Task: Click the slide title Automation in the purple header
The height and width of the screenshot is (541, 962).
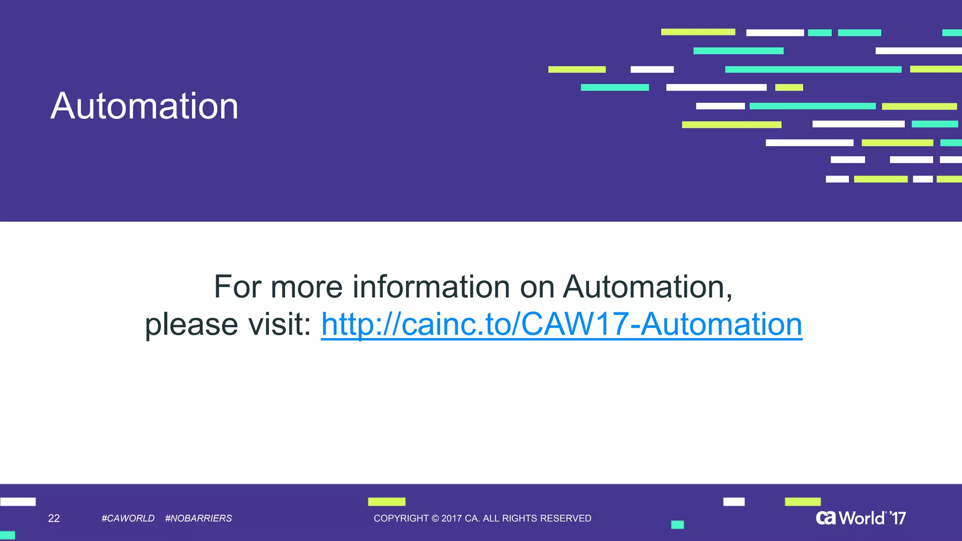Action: pos(144,106)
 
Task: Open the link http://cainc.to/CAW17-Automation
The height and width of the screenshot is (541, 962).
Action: pos(561,325)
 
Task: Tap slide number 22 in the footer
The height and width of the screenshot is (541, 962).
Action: pos(54,518)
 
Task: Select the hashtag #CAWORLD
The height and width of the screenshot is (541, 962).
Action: pos(128,518)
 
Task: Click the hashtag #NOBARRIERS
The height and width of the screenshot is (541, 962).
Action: pos(198,518)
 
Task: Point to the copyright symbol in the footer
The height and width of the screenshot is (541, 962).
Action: pos(435,518)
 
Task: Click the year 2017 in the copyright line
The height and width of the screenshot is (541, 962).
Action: pos(451,518)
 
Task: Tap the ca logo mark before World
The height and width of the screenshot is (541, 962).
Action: pos(826,518)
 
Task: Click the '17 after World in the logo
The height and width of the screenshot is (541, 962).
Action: pos(898,518)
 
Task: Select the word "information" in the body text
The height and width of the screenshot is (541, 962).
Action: pos(431,287)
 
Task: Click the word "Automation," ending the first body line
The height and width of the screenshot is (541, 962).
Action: pos(648,287)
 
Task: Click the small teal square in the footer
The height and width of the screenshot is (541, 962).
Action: pos(677,525)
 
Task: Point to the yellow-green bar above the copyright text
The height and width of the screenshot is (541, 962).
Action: pos(387,502)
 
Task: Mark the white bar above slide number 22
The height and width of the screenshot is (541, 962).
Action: pos(18,502)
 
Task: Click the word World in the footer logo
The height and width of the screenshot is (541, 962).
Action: pos(861,518)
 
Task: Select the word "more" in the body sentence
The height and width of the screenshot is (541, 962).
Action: pos(307,287)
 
